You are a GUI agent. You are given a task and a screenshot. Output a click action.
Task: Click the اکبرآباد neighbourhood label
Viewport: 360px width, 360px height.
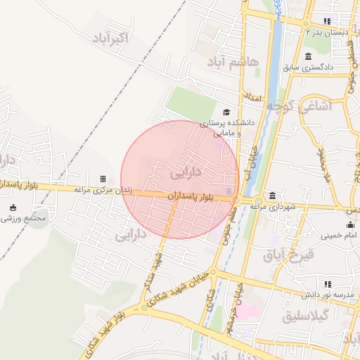111,37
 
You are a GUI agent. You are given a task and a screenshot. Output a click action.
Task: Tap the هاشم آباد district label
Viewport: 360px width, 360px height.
233,62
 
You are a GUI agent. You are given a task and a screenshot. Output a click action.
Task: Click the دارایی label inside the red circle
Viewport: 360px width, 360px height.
186,171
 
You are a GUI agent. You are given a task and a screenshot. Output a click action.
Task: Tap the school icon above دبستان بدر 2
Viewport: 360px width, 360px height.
326,21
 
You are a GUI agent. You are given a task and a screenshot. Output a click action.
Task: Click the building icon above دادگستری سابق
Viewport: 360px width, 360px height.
308,56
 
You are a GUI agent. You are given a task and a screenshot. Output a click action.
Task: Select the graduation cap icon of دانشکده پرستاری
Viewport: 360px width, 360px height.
226,112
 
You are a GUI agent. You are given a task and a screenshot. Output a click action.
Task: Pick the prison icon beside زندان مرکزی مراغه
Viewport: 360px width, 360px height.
103,179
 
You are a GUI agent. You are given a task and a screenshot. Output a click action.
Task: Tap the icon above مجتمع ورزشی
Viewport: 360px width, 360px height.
13,207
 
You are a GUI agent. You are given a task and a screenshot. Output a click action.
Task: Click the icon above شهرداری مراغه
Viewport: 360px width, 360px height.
272,195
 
